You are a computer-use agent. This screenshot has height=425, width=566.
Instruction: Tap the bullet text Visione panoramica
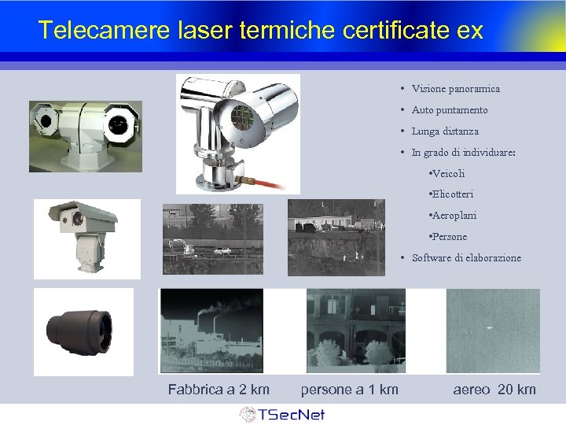455,89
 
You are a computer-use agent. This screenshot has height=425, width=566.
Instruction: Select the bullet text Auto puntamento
449,110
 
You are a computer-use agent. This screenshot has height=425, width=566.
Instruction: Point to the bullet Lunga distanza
444,131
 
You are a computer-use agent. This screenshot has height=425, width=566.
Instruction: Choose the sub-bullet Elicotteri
451,194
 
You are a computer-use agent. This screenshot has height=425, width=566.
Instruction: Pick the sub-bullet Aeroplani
453,216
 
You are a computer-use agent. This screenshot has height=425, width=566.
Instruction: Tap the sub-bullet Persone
448,237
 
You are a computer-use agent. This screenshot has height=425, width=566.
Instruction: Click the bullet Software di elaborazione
465,258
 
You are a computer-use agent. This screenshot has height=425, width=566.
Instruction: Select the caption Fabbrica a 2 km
219,390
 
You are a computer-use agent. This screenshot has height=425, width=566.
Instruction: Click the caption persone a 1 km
349,390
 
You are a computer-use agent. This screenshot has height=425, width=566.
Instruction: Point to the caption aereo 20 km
494,390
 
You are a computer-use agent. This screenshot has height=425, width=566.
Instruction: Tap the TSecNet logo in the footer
282,414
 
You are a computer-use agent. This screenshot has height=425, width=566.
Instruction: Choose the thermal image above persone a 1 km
355,331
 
